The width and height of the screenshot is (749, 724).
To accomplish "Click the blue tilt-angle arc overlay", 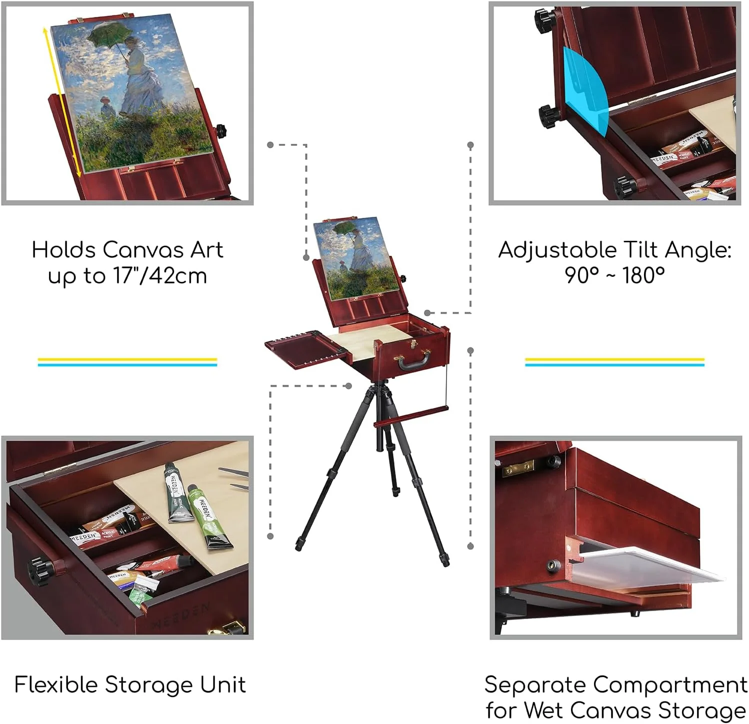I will point(583,90).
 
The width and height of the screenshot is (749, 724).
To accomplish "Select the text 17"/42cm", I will point(160,276).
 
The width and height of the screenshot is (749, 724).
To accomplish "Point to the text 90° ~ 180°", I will point(614,275).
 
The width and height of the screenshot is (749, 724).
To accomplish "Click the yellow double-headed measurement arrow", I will point(62,100).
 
